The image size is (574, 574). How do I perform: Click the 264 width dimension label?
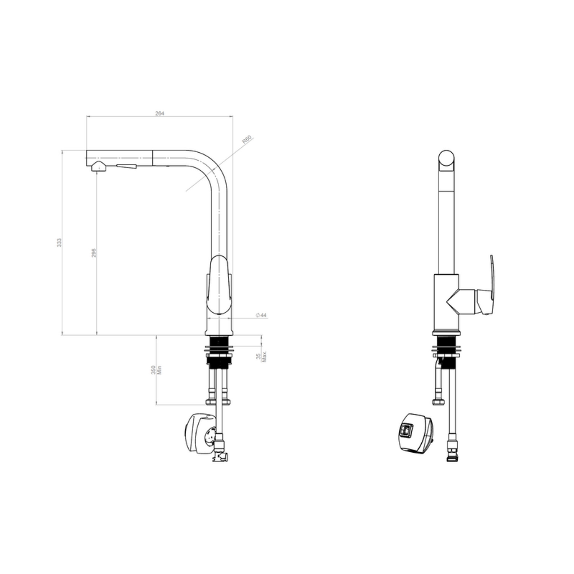coord(160,113)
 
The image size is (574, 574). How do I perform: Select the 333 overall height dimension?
coord(59,243)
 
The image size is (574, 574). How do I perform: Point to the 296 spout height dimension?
coord(94,253)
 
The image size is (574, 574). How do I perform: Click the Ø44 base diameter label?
coord(261,315)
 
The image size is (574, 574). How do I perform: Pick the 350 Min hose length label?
coord(157,370)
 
